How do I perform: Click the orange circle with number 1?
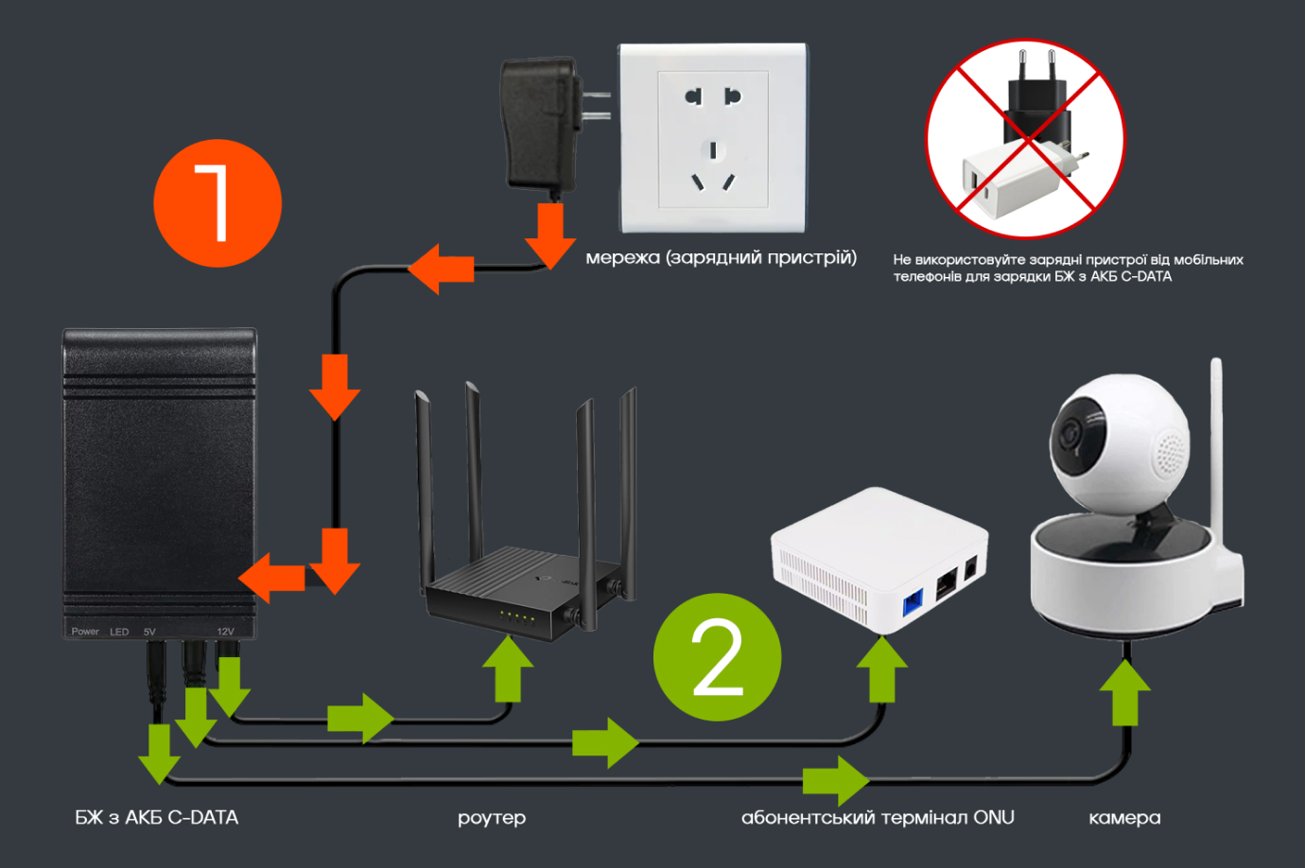217,203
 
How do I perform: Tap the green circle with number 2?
717,657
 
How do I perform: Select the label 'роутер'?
492,818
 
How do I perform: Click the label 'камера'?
1124,818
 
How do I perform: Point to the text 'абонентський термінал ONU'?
878,818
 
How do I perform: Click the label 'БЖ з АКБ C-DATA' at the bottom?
157,818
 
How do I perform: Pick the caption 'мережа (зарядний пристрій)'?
721,257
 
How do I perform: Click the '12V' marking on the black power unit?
225,632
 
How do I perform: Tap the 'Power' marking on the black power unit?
85,632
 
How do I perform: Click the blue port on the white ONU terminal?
913,602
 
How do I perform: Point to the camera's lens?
1070,434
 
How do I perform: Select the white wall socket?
713,138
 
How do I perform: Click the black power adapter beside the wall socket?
541,123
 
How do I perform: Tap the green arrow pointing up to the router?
508,668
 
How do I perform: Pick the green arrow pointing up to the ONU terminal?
882,668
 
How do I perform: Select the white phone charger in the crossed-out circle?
1012,180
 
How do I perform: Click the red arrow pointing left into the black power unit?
272,578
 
